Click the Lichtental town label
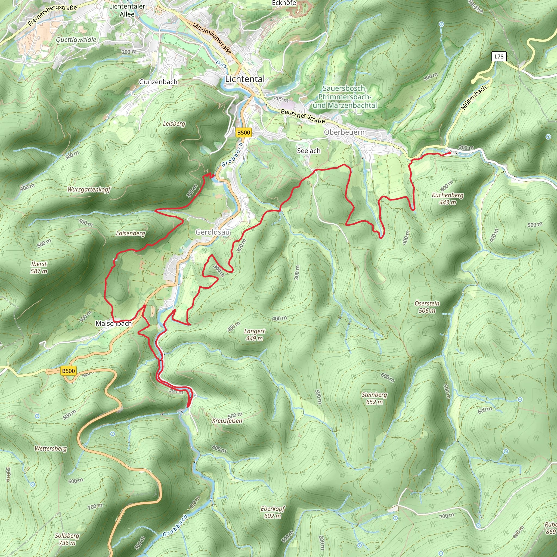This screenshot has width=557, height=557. [x=245, y=79]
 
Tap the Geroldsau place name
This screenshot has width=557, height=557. [x=212, y=232]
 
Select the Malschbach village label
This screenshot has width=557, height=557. [x=114, y=323]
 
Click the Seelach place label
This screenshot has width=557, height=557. [x=308, y=150]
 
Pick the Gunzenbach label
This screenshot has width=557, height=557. [x=158, y=82]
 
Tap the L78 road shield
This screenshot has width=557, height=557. [x=499, y=57]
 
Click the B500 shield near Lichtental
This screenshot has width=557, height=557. [x=243, y=133]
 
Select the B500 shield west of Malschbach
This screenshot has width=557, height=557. [x=68, y=371]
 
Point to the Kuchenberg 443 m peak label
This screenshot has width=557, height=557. [x=447, y=199]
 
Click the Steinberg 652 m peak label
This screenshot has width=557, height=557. [x=374, y=398]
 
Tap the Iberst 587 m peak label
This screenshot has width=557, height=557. [x=39, y=267]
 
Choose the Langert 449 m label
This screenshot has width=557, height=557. [x=254, y=335]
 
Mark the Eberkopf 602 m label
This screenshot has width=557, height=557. [x=273, y=512]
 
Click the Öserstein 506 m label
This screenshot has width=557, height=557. [x=427, y=307]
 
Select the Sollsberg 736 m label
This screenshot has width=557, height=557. [x=67, y=539]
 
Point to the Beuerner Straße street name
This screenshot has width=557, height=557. [x=303, y=116]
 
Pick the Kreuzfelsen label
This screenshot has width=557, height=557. [x=227, y=421]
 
